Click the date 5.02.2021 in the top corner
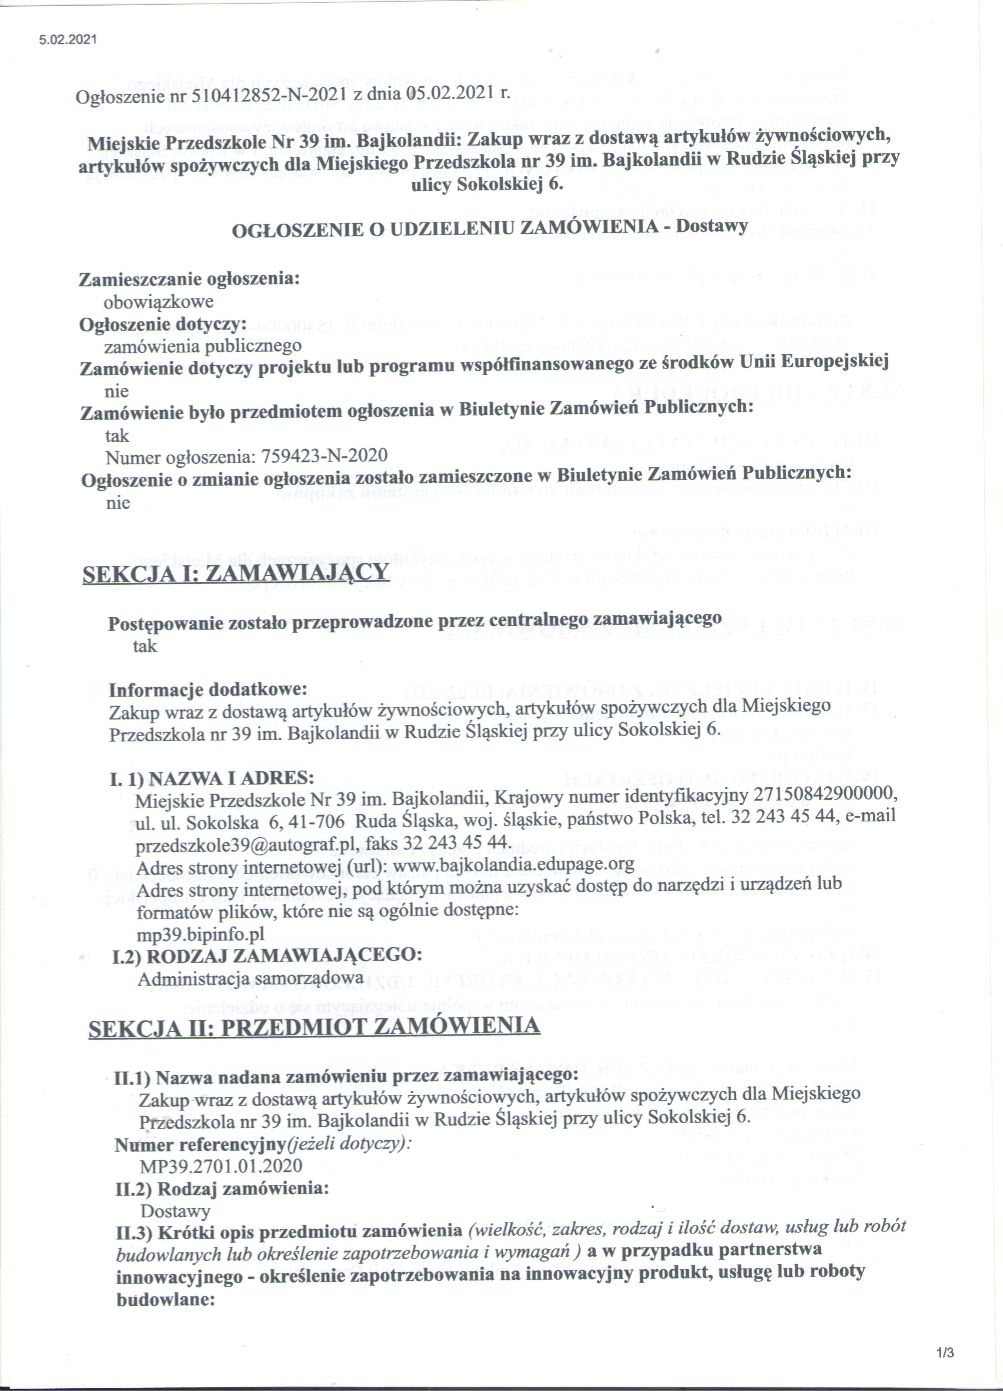[x=68, y=40]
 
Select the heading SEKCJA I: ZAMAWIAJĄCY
[x=236, y=574]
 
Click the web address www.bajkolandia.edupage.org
[x=513, y=865]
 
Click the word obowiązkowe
[x=158, y=302]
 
